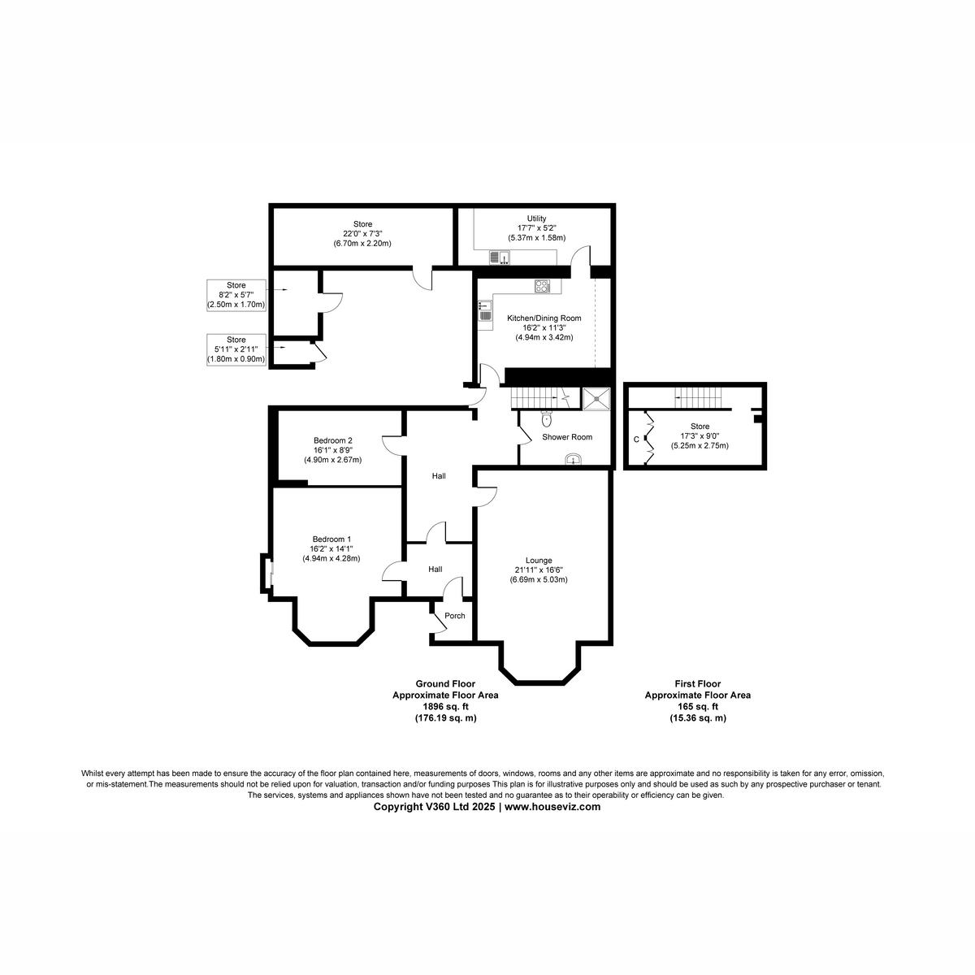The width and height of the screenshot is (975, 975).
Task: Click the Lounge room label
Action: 539,560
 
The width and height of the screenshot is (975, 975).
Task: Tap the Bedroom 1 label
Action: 331,539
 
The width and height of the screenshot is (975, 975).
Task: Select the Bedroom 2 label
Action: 333,440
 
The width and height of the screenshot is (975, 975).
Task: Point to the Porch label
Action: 455,615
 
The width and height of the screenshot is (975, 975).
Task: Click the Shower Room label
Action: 567,436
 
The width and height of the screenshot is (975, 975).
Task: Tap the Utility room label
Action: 536,219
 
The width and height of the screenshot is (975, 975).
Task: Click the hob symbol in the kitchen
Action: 542,286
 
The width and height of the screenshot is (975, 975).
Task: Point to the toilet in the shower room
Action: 546,419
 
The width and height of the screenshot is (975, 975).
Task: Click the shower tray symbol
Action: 597,398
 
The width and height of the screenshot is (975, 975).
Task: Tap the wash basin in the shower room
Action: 575,460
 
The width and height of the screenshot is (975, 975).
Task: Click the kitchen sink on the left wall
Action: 485,311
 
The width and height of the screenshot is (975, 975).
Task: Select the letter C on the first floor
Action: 636,440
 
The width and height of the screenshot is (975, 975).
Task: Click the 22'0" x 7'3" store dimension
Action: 362,234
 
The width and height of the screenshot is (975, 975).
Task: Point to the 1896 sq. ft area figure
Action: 444,707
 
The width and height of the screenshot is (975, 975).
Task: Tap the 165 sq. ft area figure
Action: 697,707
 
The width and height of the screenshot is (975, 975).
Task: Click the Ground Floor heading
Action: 444,684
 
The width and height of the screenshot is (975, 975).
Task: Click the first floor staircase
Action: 700,398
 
